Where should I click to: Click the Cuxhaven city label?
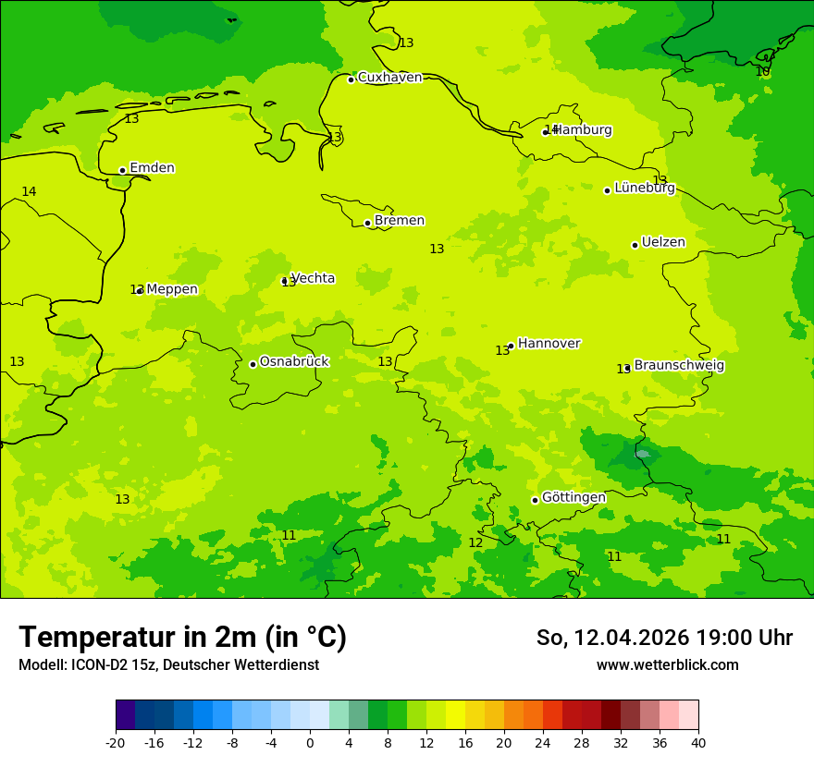(x=389, y=78)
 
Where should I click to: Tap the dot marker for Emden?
(x=122, y=170)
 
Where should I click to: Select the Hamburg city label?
(x=583, y=130)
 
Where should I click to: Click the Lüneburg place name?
(x=645, y=188)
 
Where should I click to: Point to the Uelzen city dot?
(x=635, y=245)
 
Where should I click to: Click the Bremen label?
(x=400, y=221)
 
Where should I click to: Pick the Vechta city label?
(x=313, y=278)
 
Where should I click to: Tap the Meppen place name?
(x=172, y=289)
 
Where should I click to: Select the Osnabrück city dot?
(x=253, y=364)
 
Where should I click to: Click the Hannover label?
(x=549, y=344)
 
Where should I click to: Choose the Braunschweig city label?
(x=679, y=366)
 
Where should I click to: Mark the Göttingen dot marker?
(x=535, y=500)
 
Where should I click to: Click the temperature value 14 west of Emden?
(x=29, y=191)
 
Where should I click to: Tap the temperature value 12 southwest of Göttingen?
(x=475, y=542)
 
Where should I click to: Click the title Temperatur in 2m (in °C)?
(x=182, y=638)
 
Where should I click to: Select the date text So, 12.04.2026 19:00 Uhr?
(x=664, y=638)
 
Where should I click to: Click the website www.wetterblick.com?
(x=667, y=665)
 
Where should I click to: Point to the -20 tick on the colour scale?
(x=116, y=743)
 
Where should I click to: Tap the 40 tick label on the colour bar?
(x=697, y=743)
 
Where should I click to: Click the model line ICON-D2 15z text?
(x=168, y=665)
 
